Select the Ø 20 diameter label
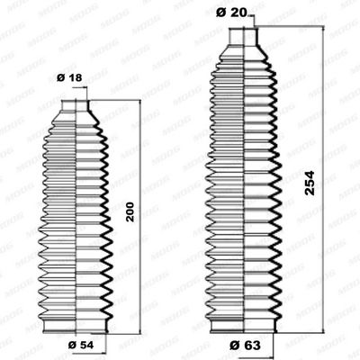(x=233, y=11)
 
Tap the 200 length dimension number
(x=130, y=212)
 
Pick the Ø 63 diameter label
(x=241, y=345)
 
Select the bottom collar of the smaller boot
(x=76, y=319)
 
